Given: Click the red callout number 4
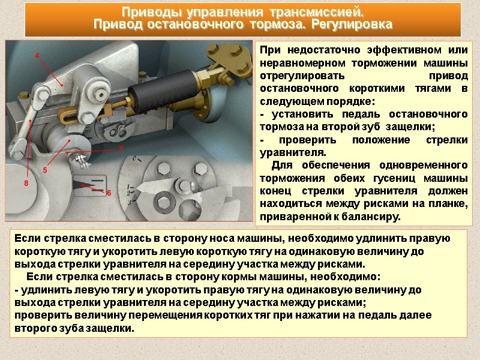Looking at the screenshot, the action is (37, 56).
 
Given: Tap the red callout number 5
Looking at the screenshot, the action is (45, 170).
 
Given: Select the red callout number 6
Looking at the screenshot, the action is (109, 193).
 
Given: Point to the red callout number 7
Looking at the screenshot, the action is (121, 149).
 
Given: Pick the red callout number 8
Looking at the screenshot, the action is (26, 184).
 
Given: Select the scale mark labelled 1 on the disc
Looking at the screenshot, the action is (131, 187).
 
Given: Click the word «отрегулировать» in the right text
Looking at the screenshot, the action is (302, 76).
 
